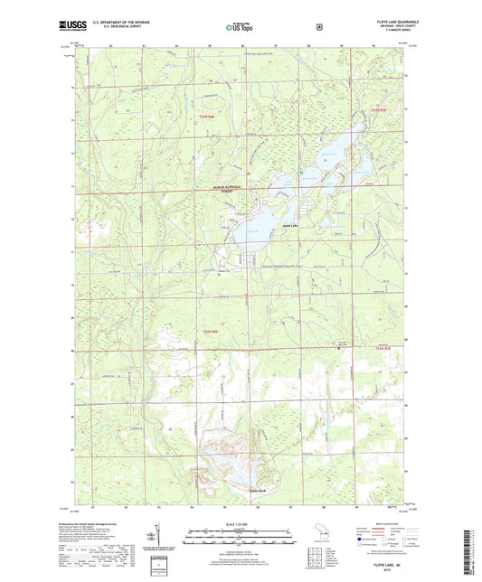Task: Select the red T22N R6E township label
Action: (207, 116)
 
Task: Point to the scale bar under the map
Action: (241, 541)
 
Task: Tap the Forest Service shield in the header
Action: (317, 27)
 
